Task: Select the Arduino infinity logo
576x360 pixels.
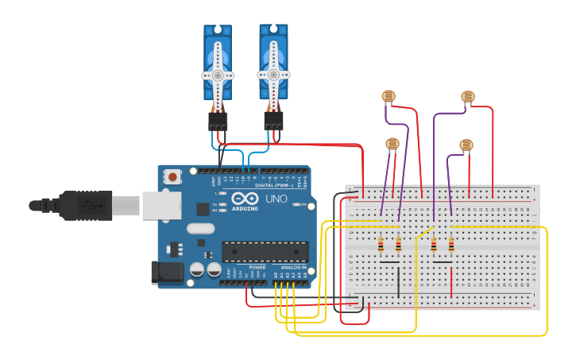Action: tap(245, 198)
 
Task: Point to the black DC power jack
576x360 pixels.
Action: tap(167, 273)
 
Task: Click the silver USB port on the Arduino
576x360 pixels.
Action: tap(163, 205)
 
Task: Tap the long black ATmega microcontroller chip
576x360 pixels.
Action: tap(265, 252)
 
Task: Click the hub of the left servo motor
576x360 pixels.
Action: tap(217, 75)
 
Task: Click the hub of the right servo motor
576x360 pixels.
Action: tap(273, 74)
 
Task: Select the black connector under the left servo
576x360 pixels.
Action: tap(218, 121)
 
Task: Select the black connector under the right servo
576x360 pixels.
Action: tap(273, 121)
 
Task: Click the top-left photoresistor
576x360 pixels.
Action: tap(389, 97)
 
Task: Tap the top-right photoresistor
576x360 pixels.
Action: tap(468, 97)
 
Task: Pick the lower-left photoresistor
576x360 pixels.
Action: tap(392, 144)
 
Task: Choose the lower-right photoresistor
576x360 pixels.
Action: tap(466, 145)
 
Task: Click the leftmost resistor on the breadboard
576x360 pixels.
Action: tap(381, 244)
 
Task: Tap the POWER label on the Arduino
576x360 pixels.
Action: tap(257, 268)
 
